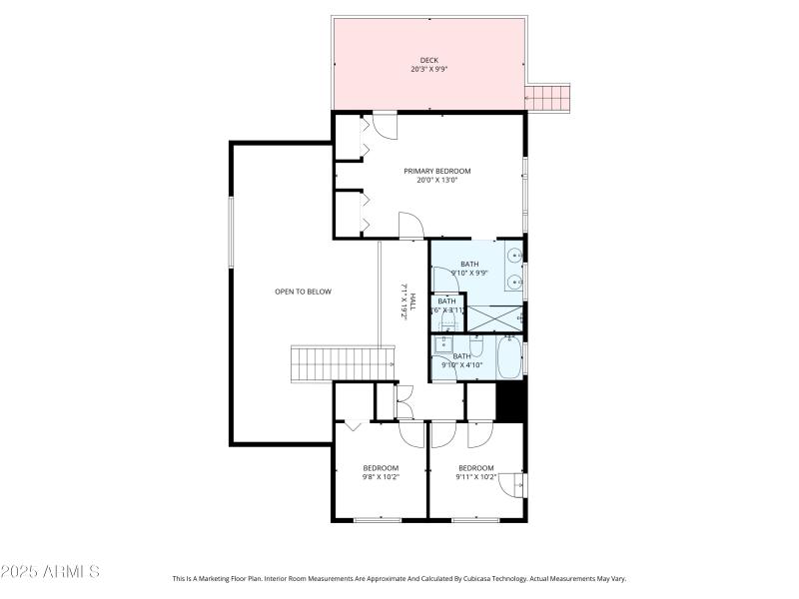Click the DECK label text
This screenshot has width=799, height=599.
pyautogui.click(x=429, y=60)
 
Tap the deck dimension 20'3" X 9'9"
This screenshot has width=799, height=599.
pyautogui.click(x=429, y=70)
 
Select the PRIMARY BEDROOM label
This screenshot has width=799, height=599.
pyautogui.click(x=436, y=171)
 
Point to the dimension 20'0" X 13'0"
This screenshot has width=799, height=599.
pyautogui.click(x=436, y=181)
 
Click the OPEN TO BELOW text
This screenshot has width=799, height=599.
pyautogui.click(x=303, y=292)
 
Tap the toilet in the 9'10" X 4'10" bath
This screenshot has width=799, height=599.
pyautogui.click(x=475, y=345)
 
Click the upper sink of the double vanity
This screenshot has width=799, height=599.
pyautogui.click(x=512, y=255)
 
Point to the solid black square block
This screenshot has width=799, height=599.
pyautogui.click(x=510, y=403)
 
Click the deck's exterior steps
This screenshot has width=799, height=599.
pyautogui.click(x=547, y=97)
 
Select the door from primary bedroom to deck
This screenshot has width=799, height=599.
pyautogui.click(x=385, y=126)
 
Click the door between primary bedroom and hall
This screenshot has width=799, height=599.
pyautogui.click(x=410, y=226)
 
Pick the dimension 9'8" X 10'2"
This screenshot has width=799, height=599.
pyautogui.click(x=381, y=477)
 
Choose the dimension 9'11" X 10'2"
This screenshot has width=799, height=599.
pyautogui.click(x=475, y=477)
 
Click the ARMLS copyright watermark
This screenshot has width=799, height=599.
pyautogui.click(x=50, y=572)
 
